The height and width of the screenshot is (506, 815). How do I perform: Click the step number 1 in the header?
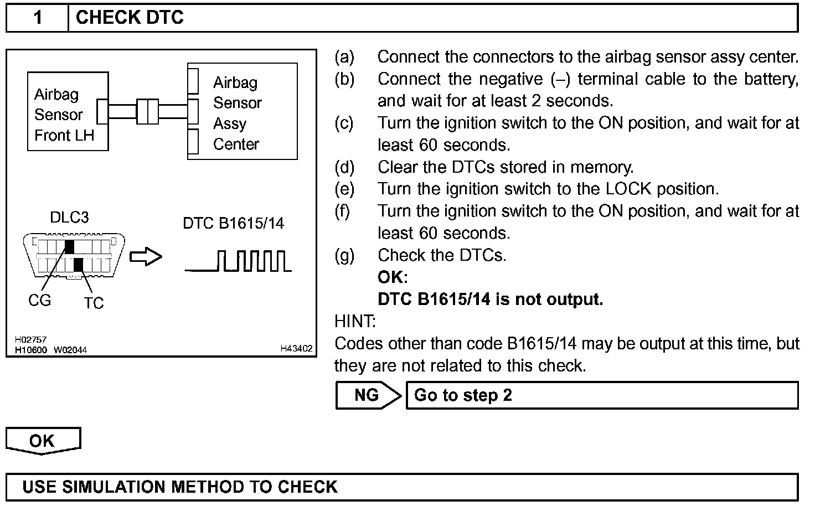click(x=38, y=18)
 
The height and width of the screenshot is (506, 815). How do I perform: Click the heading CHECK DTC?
click(x=130, y=18)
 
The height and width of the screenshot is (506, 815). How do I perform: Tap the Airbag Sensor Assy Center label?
click(x=236, y=113)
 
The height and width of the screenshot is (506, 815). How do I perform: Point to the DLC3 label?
click(x=69, y=218)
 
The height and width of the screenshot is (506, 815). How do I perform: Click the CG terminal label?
click(x=39, y=301)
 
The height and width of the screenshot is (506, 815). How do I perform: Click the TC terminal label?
click(x=94, y=303)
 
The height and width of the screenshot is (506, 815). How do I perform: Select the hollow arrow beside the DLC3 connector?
click(x=146, y=257)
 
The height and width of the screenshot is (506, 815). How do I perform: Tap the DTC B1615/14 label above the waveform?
click(x=233, y=223)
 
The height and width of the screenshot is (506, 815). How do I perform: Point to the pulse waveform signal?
click(x=238, y=261)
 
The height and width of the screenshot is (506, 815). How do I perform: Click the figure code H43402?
click(x=296, y=349)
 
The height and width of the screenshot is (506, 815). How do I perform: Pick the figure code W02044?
click(x=70, y=350)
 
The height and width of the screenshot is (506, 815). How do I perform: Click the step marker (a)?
click(x=344, y=56)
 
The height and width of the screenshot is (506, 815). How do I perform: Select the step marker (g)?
click(x=344, y=255)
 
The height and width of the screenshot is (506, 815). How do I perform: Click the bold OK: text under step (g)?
click(x=393, y=277)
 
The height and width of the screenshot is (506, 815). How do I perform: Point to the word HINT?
click(x=355, y=321)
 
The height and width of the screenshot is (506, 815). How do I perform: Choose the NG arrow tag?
click(x=367, y=395)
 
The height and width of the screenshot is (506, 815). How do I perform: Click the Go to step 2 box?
click(x=602, y=395)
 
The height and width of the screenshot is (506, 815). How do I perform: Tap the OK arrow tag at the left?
click(x=43, y=441)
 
